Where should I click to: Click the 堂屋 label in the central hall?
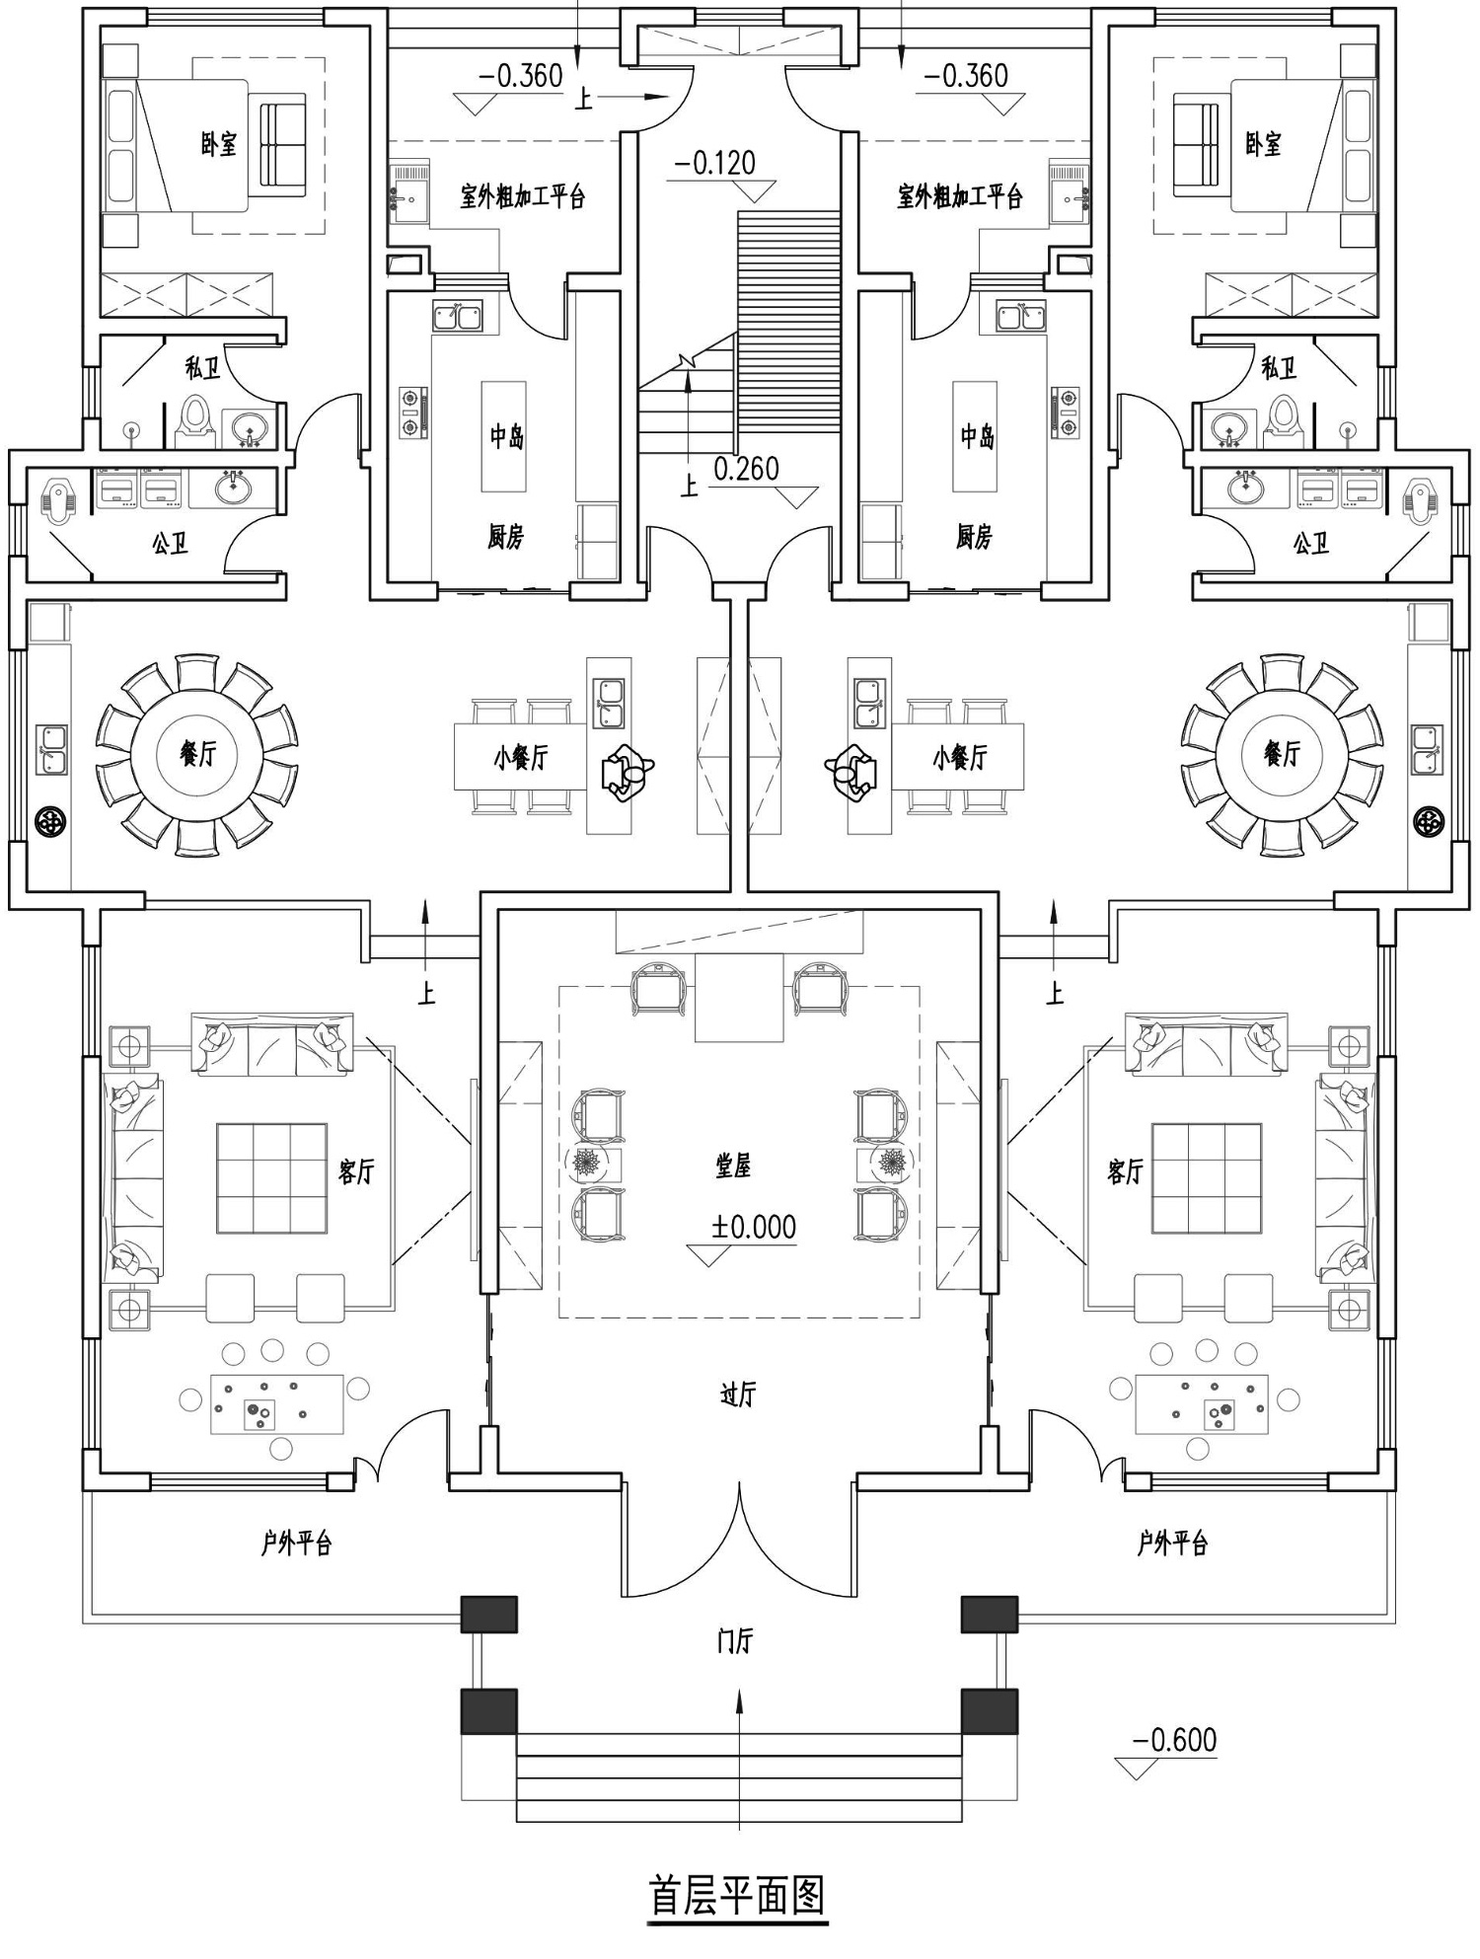734,1167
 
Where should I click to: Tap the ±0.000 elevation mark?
754,1227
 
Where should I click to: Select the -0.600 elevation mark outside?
1174,1739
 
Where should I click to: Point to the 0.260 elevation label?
746,469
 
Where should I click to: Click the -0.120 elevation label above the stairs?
714,163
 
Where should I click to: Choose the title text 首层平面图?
737,1894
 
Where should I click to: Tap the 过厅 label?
737,1394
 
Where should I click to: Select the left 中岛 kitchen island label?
507,436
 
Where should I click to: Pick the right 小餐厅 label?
960,758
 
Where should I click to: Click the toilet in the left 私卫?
196,418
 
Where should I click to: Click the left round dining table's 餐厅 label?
197,754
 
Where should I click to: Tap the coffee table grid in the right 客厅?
1207,1177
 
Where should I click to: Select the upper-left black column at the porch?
489,1615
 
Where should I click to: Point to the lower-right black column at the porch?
990,1712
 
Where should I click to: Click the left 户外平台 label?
296,1543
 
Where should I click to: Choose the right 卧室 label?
1263,144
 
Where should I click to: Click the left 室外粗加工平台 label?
523,195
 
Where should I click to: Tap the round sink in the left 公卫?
235,486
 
